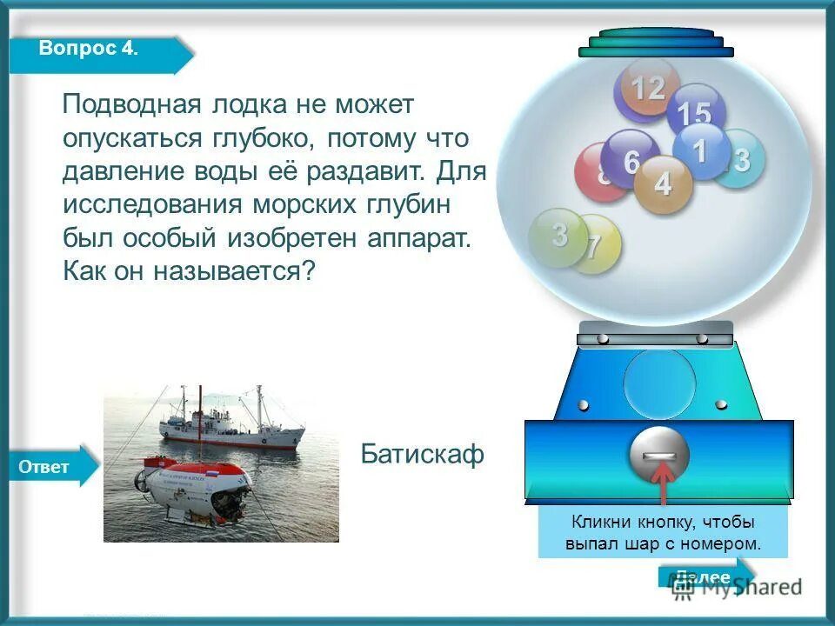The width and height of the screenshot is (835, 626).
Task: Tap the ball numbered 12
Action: (646, 89)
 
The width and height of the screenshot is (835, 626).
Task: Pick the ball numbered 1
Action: (701, 150)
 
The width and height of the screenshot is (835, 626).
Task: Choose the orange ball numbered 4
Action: (663, 185)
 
